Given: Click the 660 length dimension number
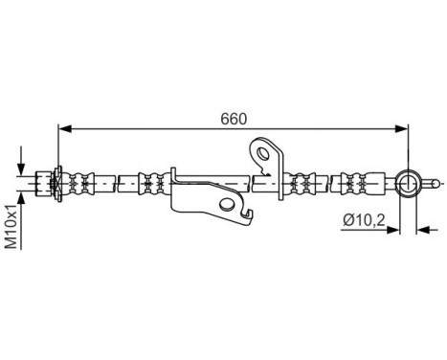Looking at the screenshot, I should (233, 119).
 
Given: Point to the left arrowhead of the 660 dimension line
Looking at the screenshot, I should (64, 126).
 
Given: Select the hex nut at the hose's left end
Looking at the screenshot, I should (43, 180).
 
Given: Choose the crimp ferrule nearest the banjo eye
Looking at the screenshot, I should (356, 180).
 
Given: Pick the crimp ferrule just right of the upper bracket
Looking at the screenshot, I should (301, 180).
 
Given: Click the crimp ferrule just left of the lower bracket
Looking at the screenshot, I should (151, 180).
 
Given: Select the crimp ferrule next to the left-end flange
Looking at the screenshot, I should (82, 180).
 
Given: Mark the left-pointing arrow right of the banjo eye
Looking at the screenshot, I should (424, 228).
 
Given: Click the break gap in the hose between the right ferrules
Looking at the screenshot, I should (328, 180).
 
